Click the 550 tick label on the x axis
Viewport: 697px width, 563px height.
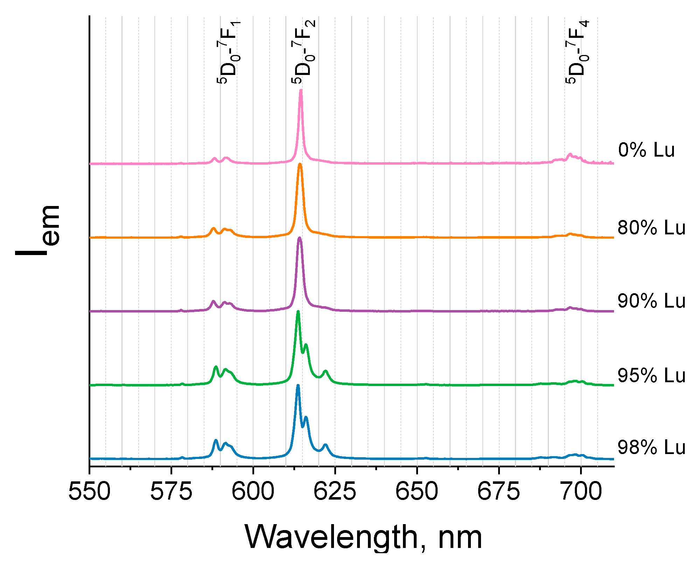pos(89,492)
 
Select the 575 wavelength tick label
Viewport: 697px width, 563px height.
pos(171,492)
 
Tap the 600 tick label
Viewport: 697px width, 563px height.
pos(253,492)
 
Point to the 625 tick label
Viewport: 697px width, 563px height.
pos(335,492)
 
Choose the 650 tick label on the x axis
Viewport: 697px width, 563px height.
pos(417,492)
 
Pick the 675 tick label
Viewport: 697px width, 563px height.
pos(499,492)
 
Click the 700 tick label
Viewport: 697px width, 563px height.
pos(581,492)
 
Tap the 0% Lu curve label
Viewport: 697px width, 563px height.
pos(646,150)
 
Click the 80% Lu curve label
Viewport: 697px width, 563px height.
pos(651,228)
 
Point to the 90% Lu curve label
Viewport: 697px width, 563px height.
pos(651,301)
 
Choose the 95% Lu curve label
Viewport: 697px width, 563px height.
pos(651,376)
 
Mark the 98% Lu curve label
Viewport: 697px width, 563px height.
pos(651,448)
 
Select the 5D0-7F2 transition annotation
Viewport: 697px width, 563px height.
pos(304,52)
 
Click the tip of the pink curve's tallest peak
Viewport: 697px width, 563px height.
pos(301,91)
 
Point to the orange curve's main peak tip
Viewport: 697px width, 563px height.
pos(300,164)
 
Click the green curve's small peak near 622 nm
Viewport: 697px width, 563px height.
pos(326,371)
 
